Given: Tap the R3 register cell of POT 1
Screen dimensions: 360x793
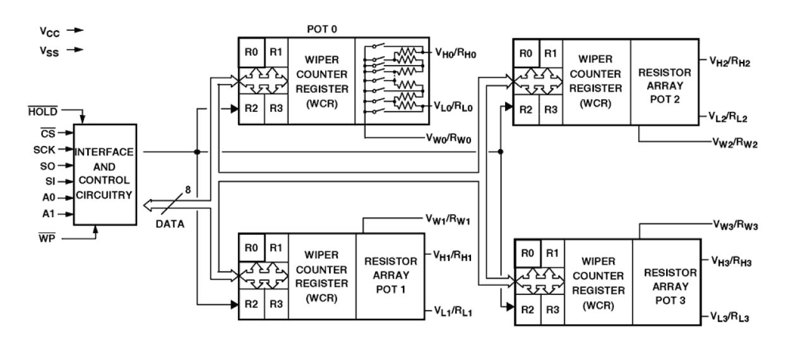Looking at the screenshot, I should tap(275, 304).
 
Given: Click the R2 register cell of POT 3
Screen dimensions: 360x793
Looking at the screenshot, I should tap(528, 309).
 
